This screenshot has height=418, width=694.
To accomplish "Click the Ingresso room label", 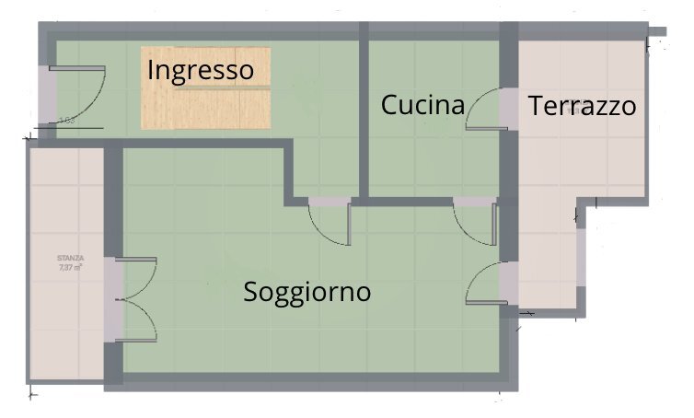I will (x=200, y=70).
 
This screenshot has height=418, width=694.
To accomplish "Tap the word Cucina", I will (x=422, y=105).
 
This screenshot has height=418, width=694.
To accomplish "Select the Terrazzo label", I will (x=582, y=106).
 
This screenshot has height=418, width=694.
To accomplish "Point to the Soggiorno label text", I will (x=307, y=292).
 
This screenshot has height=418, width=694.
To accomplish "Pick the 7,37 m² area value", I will (x=70, y=269).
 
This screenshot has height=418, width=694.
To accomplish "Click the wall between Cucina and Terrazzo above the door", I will (x=508, y=55).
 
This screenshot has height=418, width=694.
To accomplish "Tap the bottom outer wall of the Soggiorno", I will (x=304, y=380).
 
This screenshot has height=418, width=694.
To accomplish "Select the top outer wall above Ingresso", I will (x=202, y=29).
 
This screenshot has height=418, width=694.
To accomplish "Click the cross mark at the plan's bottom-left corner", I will (x=31, y=394).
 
